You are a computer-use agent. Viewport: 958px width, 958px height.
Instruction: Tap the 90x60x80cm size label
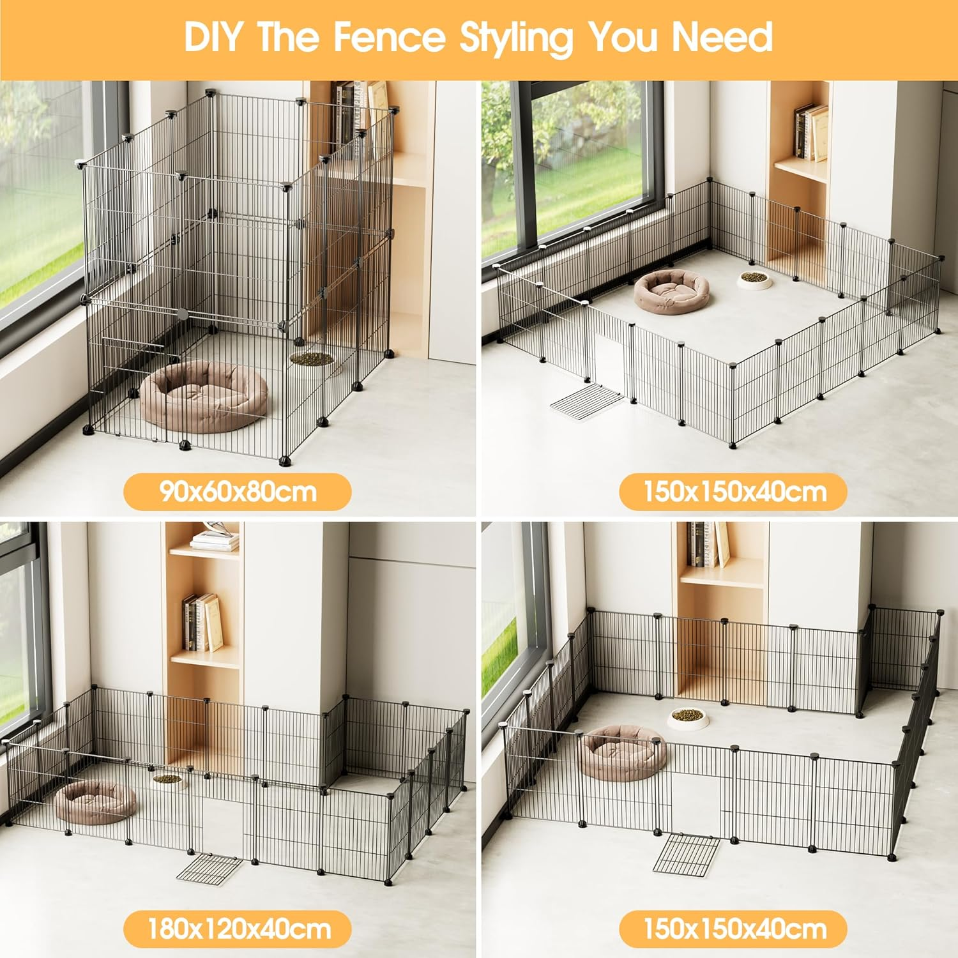pos(238,492)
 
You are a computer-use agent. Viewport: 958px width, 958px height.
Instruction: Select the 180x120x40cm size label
pos(238,929)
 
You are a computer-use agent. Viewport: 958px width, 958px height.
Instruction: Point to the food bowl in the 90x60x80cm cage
pos(312,359)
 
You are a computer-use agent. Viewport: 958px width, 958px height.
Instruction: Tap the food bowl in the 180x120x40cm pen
pos(167,780)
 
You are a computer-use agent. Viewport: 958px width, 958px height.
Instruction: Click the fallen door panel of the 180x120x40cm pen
pos(210,870)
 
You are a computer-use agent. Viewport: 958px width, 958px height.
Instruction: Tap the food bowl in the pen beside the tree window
pos(754,279)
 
